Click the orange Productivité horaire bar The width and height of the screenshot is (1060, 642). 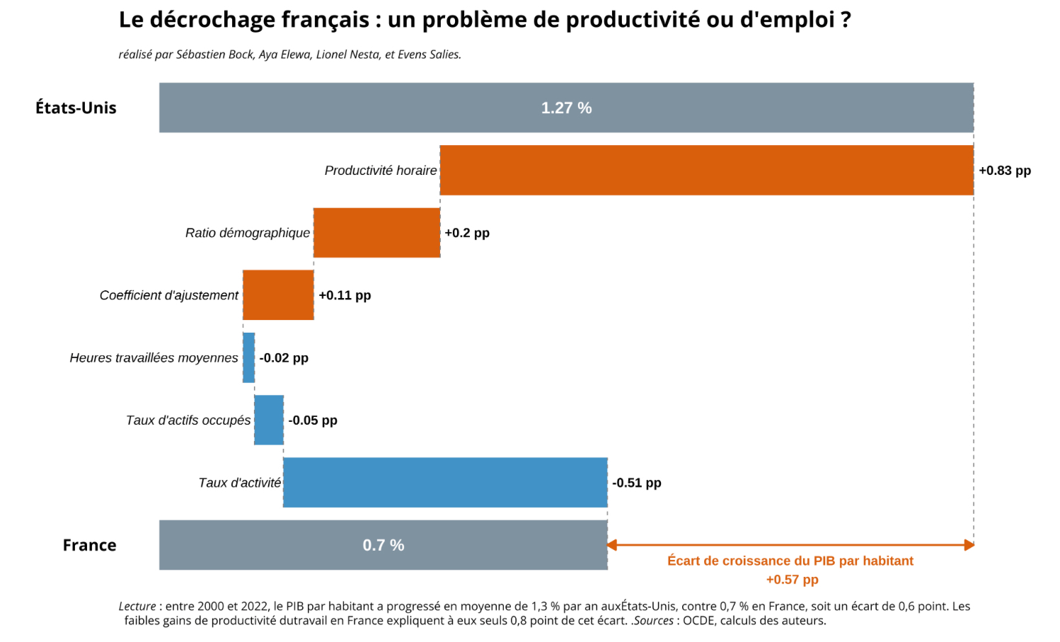click(x=706, y=170)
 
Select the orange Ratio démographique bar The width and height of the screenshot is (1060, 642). click(x=376, y=232)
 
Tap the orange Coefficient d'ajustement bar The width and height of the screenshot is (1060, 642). click(x=278, y=294)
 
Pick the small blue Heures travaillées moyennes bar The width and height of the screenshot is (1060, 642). click(x=248, y=357)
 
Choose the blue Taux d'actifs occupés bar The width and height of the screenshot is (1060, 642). click(x=269, y=420)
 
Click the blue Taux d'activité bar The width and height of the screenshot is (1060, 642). click(x=445, y=482)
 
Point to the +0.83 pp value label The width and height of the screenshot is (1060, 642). click(x=1005, y=171)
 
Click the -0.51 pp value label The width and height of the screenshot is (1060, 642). click(x=637, y=483)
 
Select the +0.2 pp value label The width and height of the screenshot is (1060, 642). click(x=467, y=233)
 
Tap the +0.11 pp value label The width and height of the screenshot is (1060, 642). click(x=345, y=295)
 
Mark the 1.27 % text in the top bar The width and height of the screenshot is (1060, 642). click(x=566, y=108)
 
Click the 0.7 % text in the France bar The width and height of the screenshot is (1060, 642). click(x=384, y=545)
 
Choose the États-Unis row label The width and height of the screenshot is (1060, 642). click(x=76, y=108)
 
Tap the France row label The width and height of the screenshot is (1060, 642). click(x=89, y=545)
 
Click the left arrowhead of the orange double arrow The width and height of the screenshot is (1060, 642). click(x=612, y=545)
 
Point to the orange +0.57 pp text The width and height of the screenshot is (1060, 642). click(x=792, y=580)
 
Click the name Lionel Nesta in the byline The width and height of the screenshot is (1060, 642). click(x=347, y=55)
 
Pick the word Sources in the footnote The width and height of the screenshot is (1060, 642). click(x=654, y=621)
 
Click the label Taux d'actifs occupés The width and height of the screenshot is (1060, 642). click(x=188, y=420)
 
